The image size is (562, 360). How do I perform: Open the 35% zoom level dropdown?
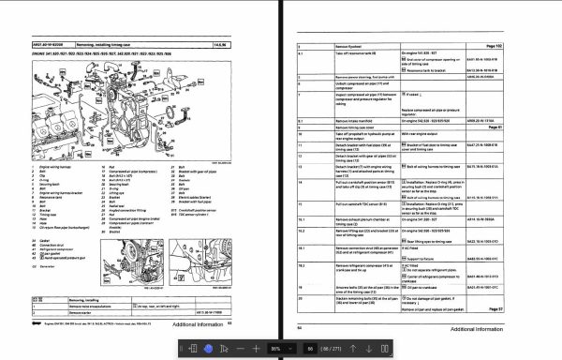coord(282,348)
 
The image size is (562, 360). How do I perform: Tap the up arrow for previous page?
coord(352,348)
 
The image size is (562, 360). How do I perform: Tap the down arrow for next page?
coord(369,348)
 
